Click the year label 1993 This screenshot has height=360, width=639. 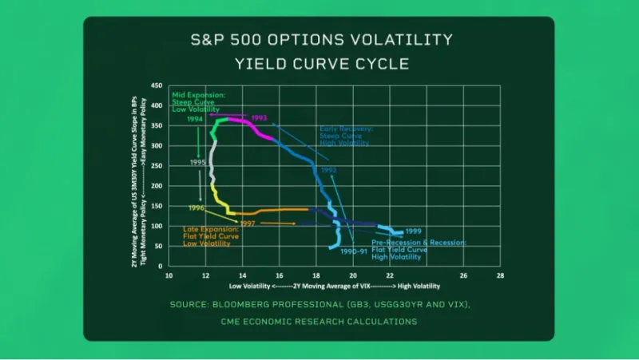point(259,118)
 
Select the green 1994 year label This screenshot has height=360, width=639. point(194,120)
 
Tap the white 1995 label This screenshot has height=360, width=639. point(197,162)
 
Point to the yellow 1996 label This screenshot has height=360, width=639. point(196,208)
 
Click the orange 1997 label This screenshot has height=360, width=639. point(248,224)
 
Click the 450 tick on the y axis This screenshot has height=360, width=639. point(157,85)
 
